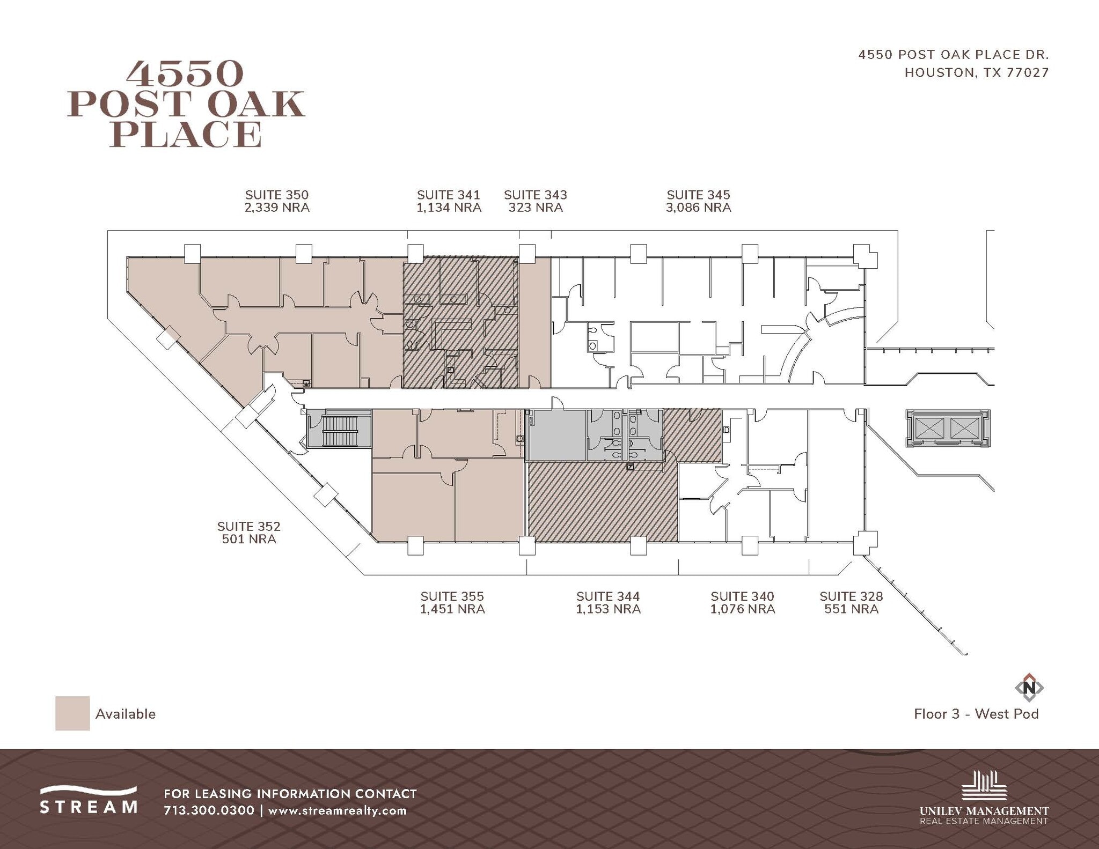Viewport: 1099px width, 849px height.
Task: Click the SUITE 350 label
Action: click(x=276, y=195)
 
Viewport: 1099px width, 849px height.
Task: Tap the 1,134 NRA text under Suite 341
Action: click(x=449, y=208)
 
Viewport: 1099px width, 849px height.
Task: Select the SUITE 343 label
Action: click(x=535, y=195)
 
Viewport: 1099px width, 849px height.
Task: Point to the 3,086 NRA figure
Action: click(x=698, y=208)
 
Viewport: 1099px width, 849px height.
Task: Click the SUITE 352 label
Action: click(x=248, y=526)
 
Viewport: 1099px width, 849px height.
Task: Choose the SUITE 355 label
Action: click(x=452, y=596)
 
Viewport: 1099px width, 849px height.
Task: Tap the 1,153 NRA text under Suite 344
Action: click(x=608, y=609)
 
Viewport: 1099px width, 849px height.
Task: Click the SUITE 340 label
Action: click(x=742, y=596)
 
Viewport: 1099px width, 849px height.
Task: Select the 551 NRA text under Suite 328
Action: click(x=851, y=609)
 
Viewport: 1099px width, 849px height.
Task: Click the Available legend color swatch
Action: click(x=72, y=713)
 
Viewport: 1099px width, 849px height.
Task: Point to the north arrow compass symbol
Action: click(x=1029, y=687)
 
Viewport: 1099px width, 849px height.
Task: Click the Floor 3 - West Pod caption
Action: click(x=976, y=714)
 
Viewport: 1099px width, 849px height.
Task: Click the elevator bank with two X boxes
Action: click(x=948, y=428)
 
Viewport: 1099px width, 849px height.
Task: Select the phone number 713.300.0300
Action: click(x=209, y=810)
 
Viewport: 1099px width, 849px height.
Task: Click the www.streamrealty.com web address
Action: click(x=337, y=810)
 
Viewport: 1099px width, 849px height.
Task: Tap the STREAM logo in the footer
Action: click(x=89, y=800)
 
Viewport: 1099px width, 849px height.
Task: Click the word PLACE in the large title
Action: click(x=186, y=134)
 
